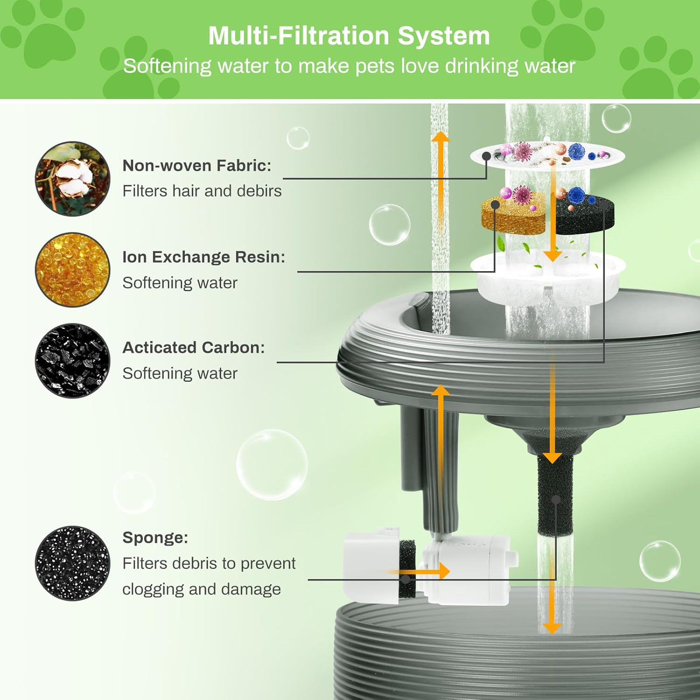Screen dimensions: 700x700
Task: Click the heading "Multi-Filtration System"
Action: pos(349,36)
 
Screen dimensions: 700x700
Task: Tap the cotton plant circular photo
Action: pos(73,179)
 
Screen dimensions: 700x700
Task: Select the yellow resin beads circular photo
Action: pos(73,270)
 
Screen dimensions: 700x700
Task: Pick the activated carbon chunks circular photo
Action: pos(73,361)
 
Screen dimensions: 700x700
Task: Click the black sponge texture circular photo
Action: pos(73,563)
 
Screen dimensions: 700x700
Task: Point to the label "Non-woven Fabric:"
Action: pos(196,166)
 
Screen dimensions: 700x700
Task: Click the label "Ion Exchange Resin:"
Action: pos(203,257)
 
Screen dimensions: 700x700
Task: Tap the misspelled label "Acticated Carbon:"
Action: pos(193,348)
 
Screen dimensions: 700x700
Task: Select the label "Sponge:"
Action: pos(155,538)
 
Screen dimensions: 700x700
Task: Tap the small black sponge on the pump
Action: pos(407,569)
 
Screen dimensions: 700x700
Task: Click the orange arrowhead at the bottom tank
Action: pos(552,628)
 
